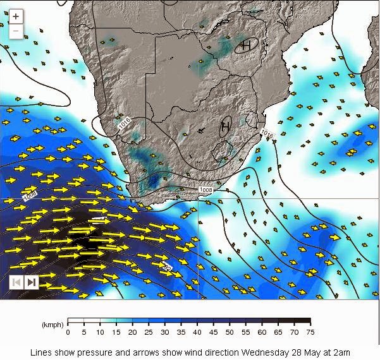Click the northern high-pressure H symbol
pyautogui.click(x=246, y=45)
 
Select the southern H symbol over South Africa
pyautogui.click(x=225, y=127)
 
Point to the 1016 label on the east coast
pyautogui.click(x=267, y=134)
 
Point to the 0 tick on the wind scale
pyautogui.click(x=67, y=332)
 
